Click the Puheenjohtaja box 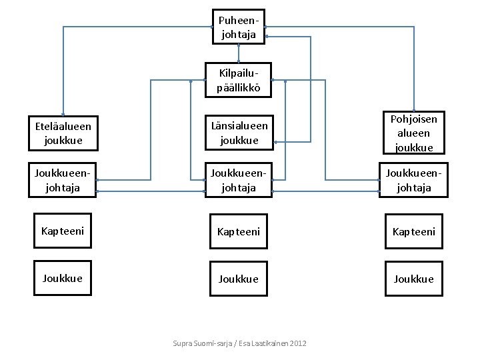click(x=239, y=27)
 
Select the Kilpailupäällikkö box click(x=238, y=80)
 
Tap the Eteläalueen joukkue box click(x=63, y=133)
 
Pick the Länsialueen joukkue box click(x=239, y=133)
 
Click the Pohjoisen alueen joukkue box click(x=414, y=133)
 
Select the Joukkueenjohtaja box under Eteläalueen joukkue click(x=63, y=180)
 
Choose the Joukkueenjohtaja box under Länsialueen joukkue click(x=239, y=180)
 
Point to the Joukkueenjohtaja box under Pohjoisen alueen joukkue click(x=413, y=180)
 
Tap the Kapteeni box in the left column click(x=63, y=231)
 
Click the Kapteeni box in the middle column click(x=239, y=231)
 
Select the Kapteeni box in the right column click(x=414, y=231)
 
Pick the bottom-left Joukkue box click(x=63, y=278)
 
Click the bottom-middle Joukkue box click(x=239, y=279)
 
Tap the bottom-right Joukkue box click(x=414, y=279)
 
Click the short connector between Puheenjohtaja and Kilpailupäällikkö click(x=239, y=53)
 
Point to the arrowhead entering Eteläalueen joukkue click(x=63, y=115)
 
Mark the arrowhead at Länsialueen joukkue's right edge click(x=275, y=142)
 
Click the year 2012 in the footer click(x=298, y=343)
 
